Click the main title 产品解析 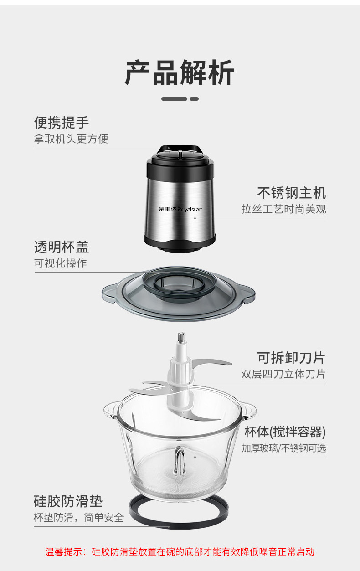point(180,73)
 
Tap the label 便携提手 point(62,123)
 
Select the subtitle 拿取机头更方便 point(71,139)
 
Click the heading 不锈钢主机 point(292,192)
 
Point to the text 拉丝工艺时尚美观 point(283,209)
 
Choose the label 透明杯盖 point(62,247)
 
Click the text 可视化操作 point(60,263)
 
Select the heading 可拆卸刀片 point(291,358)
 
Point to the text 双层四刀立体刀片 point(283,374)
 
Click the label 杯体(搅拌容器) point(285,432)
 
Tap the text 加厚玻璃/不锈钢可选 point(283,448)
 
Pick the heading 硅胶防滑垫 point(68,501)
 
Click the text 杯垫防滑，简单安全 point(79,518)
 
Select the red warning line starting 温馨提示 point(180,552)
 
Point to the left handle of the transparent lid point(108,291)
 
